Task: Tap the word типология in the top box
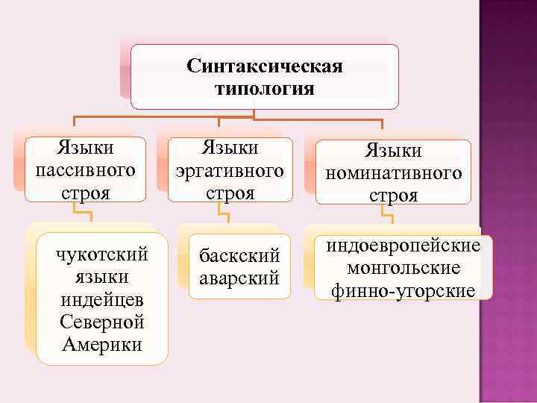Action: click(265, 89)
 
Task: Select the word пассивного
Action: click(85, 169)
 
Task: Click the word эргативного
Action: click(230, 170)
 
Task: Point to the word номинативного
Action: click(393, 173)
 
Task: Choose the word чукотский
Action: click(102, 256)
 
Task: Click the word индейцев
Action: click(102, 301)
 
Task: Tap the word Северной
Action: click(102, 323)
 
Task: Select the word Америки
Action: click(102, 346)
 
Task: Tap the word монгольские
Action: click(403, 268)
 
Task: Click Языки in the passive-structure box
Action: click(85, 147)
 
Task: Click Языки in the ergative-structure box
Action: click(230, 148)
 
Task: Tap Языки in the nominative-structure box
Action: click(393, 151)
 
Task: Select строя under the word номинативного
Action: click(393, 196)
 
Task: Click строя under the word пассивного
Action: click(85, 192)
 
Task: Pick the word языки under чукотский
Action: click(102, 278)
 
